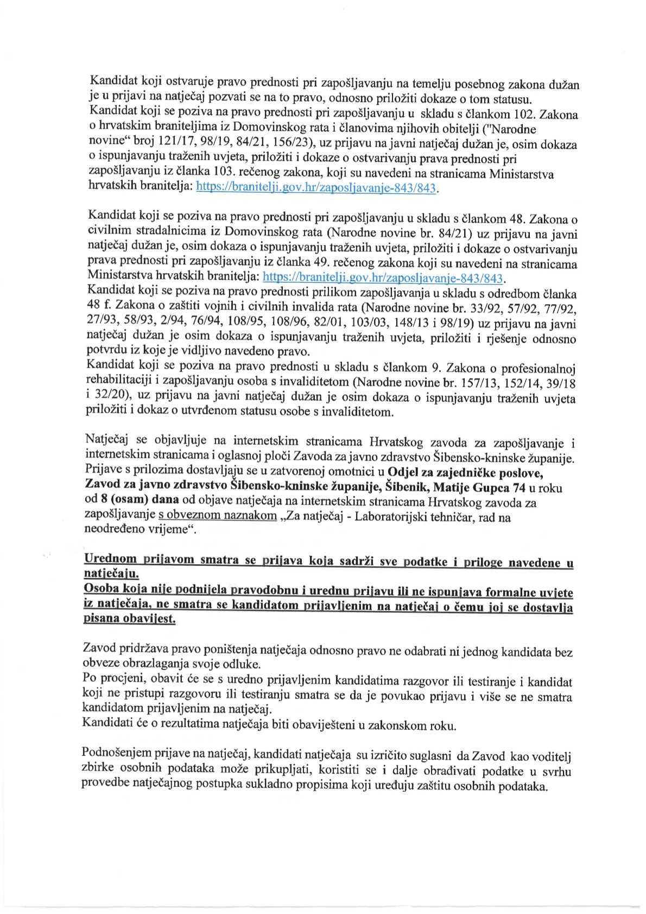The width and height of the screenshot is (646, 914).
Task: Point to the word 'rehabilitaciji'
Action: [120, 383]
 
